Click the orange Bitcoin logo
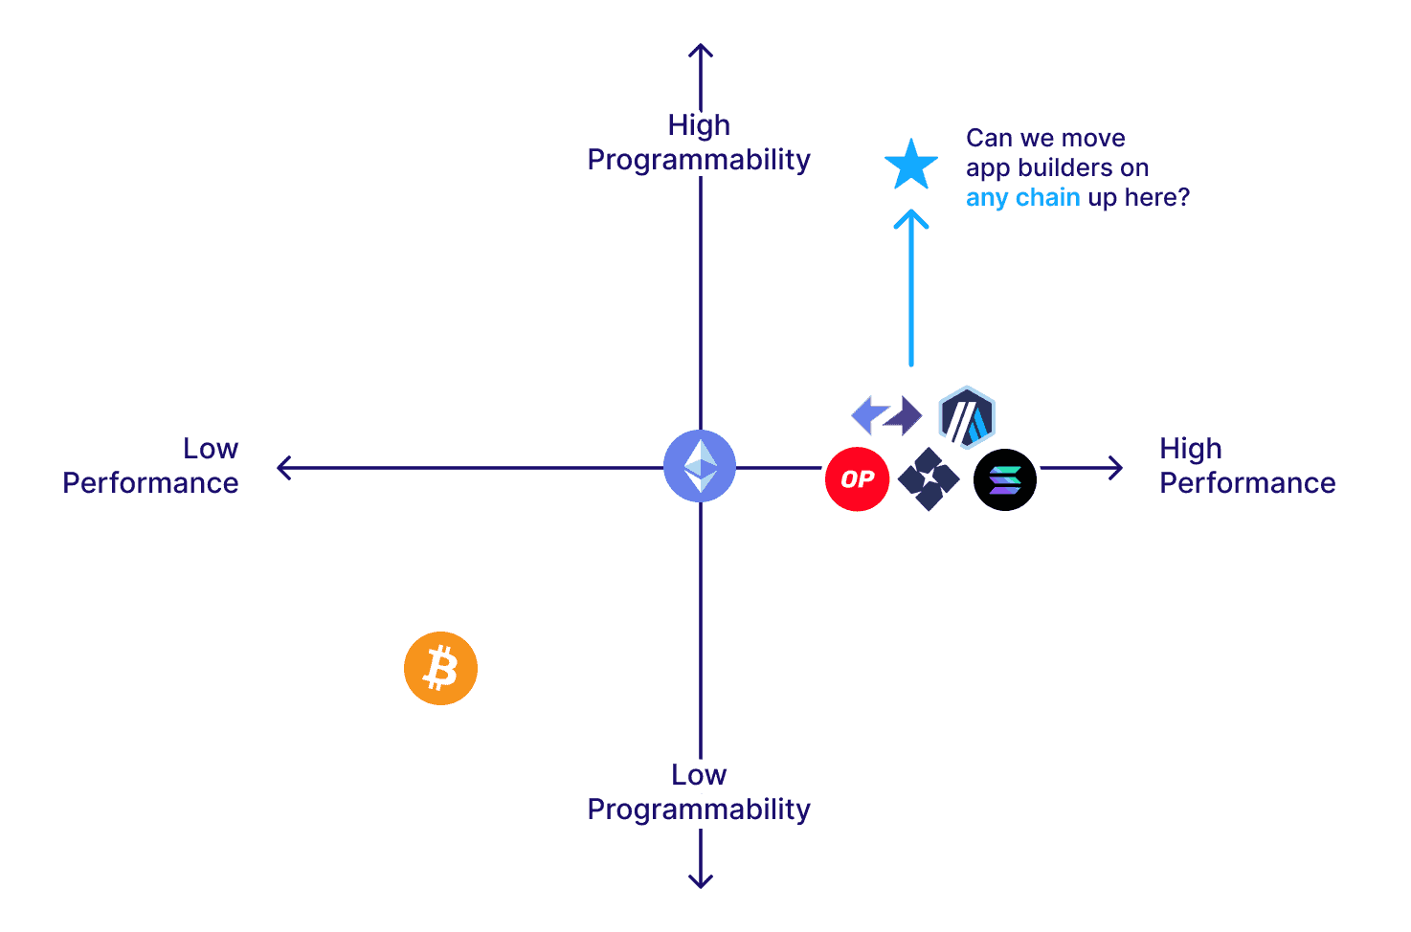click(440, 668)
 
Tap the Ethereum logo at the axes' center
click(700, 467)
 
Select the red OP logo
click(857, 479)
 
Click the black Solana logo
click(1004, 479)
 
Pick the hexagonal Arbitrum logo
click(967, 417)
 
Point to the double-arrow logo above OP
click(886, 415)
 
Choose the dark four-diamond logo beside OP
click(929, 478)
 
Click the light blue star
click(910, 166)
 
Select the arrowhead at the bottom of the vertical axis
click(701, 881)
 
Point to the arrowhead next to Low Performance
click(282, 468)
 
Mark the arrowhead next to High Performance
click(1116, 468)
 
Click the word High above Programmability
click(699, 125)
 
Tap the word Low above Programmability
click(699, 775)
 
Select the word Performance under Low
click(150, 483)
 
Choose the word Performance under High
click(1247, 483)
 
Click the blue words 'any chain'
click(1022, 198)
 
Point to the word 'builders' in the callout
click(1065, 168)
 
